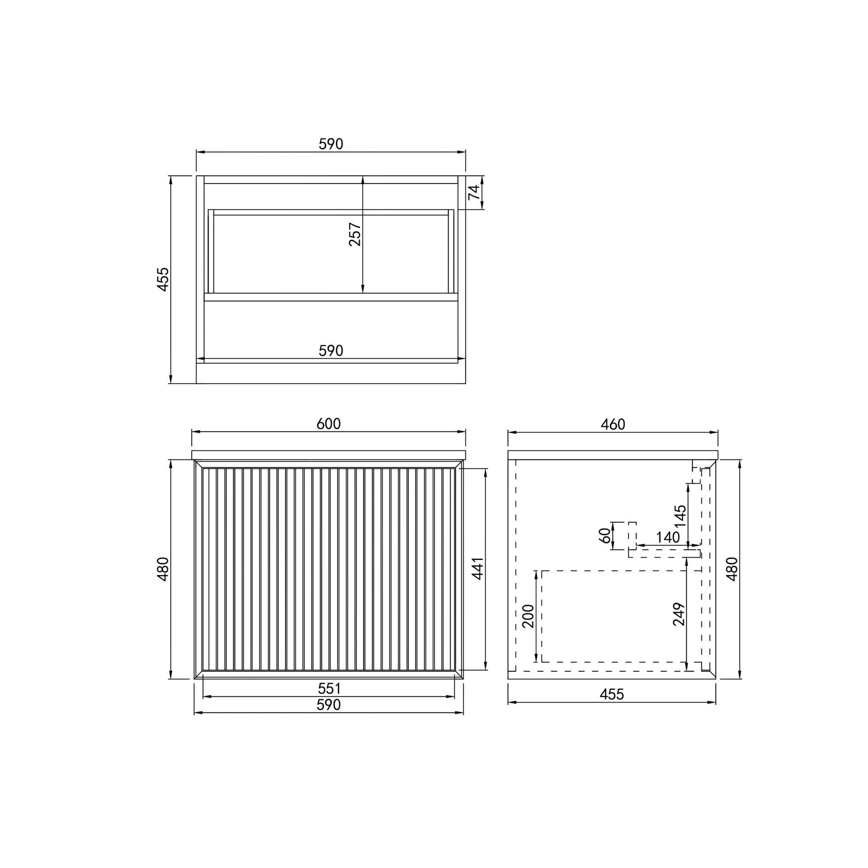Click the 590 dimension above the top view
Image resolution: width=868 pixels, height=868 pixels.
coord(331,144)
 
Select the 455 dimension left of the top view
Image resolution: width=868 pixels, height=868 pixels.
coord(163,279)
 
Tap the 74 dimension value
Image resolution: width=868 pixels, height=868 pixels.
coord(474,192)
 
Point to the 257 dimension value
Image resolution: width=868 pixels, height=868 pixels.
coord(355,234)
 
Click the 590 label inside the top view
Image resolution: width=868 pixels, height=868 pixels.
coord(331,351)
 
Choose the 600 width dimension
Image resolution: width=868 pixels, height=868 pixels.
coord(329,424)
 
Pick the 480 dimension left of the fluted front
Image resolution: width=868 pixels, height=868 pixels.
coord(163,569)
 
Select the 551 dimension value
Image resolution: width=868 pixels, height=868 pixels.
coord(329,688)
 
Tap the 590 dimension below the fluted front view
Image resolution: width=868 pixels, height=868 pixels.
coord(329,705)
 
